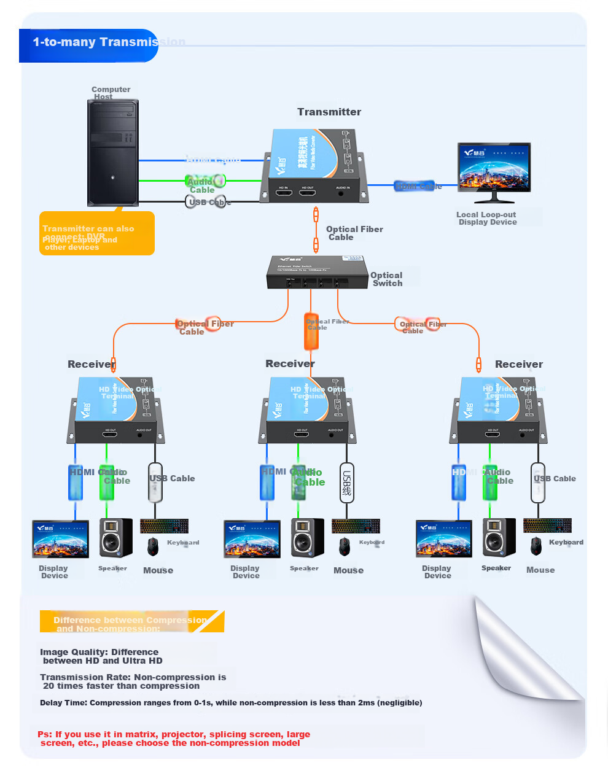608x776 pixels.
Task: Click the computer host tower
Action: coord(113,152)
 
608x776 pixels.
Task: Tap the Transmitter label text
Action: coord(329,112)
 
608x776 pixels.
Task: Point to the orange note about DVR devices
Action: coord(96,233)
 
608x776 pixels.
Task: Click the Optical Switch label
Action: coord(387,279)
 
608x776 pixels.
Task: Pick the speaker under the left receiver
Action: coord(115,538)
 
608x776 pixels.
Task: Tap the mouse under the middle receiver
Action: coord(345,545)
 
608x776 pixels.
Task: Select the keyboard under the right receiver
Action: coord(547,525)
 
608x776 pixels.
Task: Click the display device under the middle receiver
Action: coord(252,539)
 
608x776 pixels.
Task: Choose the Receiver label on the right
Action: coord(519,364)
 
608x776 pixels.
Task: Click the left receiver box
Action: coord(116,410)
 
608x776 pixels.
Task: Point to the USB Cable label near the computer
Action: coord(209,202)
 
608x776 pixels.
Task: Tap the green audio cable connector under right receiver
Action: coord(489,482)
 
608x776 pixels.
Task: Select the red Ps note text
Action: coord(174,739)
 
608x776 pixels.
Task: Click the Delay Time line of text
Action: coord(231,703)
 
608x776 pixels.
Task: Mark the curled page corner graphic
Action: coord(528,651)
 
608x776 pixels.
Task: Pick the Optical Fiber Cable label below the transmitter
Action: coord(354,233)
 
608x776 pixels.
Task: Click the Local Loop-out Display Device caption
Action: coord(486,219)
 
